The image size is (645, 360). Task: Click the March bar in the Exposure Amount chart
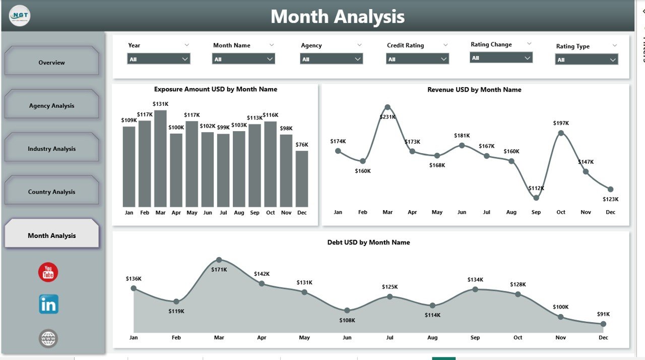tap(160, 159)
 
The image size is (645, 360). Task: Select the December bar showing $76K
tap(302, 179)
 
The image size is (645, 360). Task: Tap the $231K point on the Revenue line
tap(388, 107)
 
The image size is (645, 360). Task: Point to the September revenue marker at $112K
tap(536, 198)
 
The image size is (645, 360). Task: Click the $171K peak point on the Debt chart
tap(219, 260)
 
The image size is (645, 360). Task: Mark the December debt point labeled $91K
tap(603, 324)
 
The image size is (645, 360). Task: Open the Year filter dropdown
tap(158, 59)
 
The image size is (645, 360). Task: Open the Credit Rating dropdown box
tap(417, 59)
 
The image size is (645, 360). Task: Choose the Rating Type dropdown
tap(587, 59)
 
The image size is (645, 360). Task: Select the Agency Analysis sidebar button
tap(51, 105)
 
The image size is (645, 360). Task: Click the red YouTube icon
tap(48, 272)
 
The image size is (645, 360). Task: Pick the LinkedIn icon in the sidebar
tap(48, 305)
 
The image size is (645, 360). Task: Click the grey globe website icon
tap(48, 338)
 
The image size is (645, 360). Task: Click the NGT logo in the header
tap(20, 16)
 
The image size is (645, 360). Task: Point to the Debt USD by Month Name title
tap(368, 243)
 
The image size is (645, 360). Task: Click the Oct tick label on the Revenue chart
tap(561, 212)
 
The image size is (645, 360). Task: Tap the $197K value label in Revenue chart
tap(561, 123)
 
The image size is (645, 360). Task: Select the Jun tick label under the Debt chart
tap(347, 338)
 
